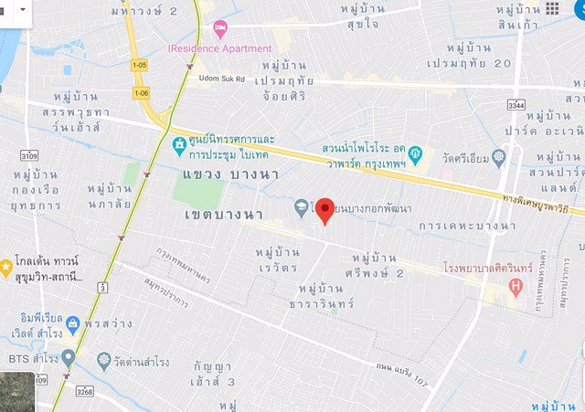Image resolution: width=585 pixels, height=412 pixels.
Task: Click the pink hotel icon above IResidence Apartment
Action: (219, 29)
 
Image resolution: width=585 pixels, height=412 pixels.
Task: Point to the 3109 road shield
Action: (27, 156)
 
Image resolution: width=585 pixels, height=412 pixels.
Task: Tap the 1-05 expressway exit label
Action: (139, 66)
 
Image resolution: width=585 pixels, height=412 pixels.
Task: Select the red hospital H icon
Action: (516, 289)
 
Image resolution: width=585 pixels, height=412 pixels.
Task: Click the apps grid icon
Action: (552, 9)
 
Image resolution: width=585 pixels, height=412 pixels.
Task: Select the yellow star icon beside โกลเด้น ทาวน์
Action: (5, 268)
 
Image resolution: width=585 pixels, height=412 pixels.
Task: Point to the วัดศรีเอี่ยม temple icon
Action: (498, 157)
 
